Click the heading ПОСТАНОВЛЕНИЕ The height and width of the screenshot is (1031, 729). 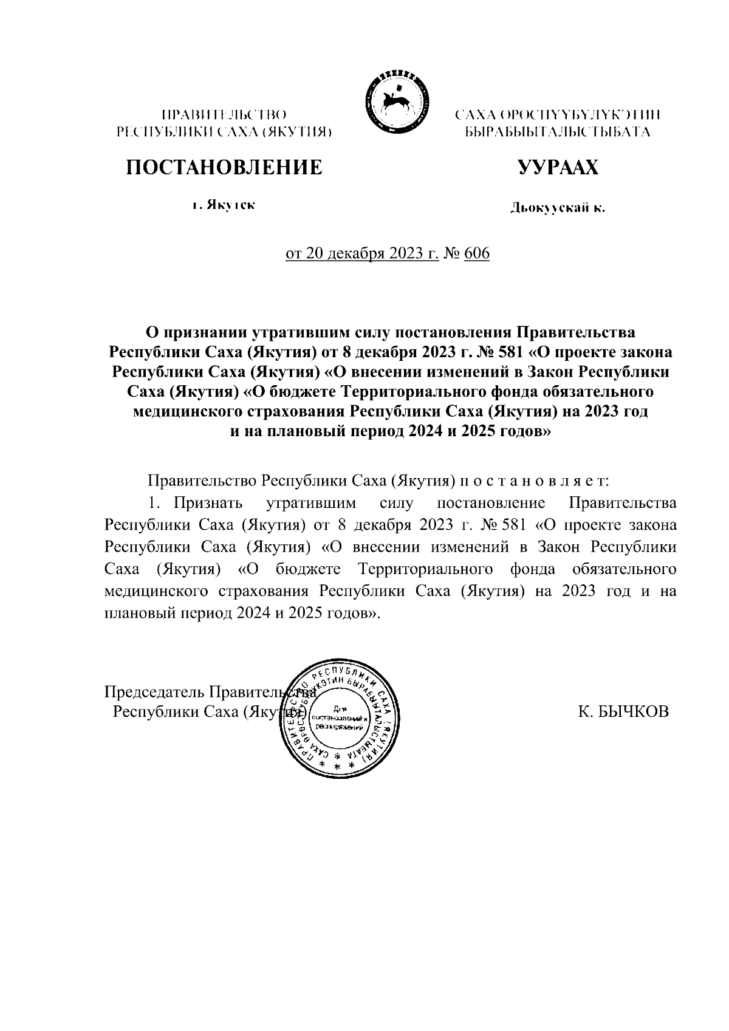point(224,166)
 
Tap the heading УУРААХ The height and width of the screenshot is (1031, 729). point(558,166)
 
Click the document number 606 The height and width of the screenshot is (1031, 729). point(477,253)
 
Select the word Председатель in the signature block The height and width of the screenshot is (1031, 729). point(154,692)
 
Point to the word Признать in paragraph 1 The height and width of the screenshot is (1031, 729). point(208,503)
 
